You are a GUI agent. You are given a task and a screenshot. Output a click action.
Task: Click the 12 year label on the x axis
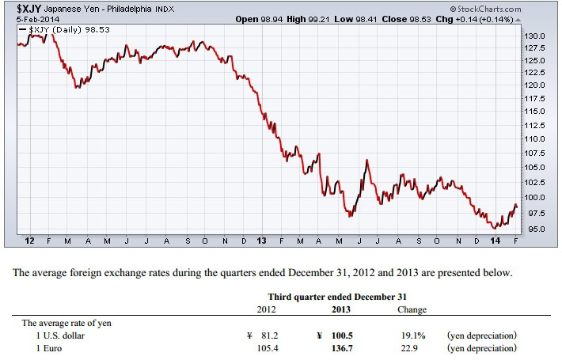click(x=29, y=240)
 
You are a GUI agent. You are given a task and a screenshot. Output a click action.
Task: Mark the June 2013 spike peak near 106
click(x=366, y=161)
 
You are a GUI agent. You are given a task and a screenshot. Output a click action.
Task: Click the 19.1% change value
click(x=414, y=335)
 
